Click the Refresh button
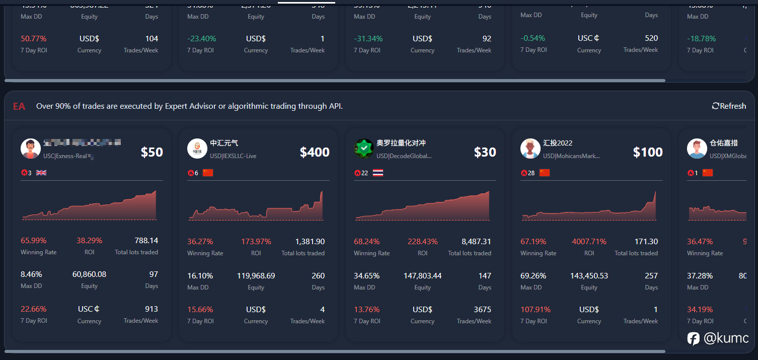pos(729,106)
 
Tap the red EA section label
pos(19,106)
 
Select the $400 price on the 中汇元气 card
pos(315,152)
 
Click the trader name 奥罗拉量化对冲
pos(401,143)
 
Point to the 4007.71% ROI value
pos(589,242)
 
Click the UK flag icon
pos(41,173)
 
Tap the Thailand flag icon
pos(378,173)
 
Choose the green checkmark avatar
pos(363,149)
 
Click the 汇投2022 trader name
pos(558,143)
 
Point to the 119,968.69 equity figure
pos(256,276)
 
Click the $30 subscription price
pos(485,152)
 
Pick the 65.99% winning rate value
pos(33,241)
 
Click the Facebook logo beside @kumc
pos(694,339)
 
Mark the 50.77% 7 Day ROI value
pos(33,39)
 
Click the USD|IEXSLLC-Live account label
pos(233,156)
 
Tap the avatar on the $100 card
pos(530,149)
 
